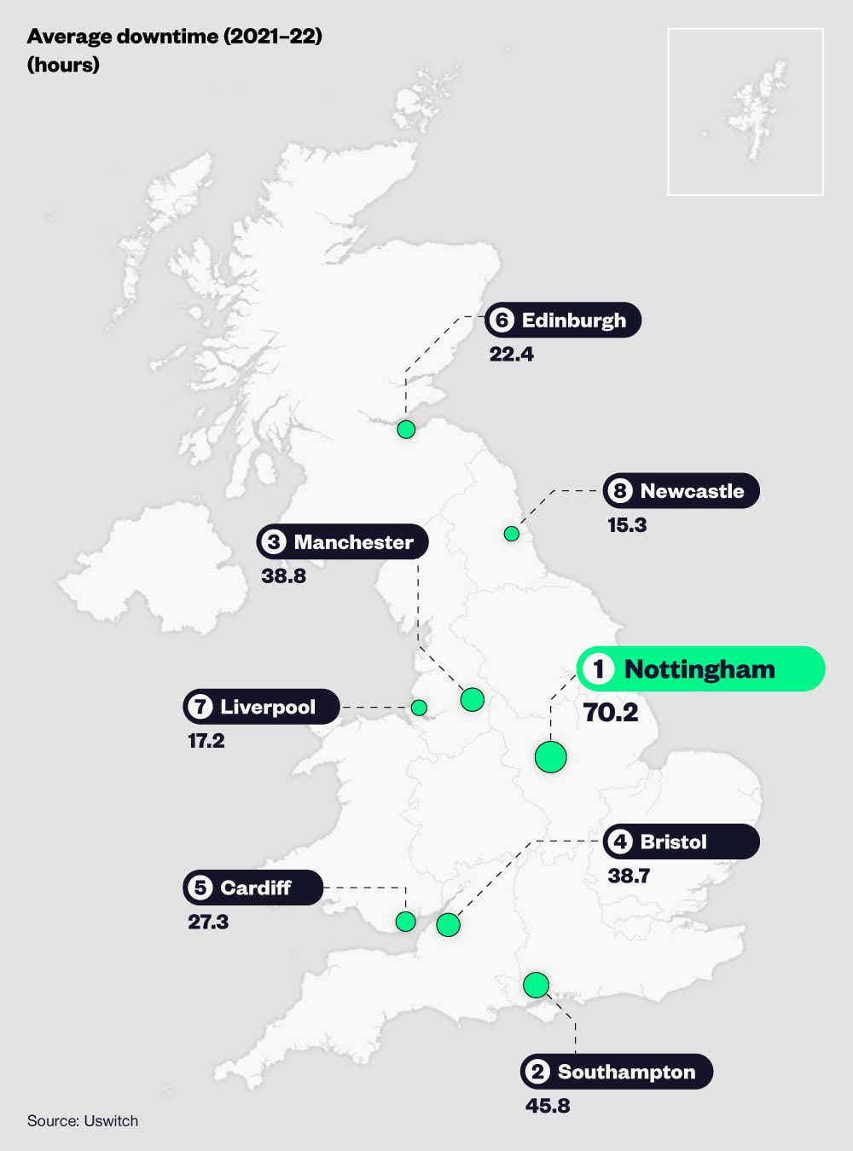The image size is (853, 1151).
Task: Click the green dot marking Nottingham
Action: click(x=550, y=756)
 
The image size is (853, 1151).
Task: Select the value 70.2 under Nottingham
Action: click(x=611, y=713)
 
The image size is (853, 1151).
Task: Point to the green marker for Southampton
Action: click(x=536, y=985)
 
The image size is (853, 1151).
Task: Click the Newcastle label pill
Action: click(x=681, y=491)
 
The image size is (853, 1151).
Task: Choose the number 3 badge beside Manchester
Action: click(x=273, y=542)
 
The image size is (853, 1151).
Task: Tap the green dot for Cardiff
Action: click(x=406, y=921)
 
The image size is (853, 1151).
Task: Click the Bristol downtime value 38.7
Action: click(x=629, y=876)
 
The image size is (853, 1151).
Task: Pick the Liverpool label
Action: click(x=261, y=707)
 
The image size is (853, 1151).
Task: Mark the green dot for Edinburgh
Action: click(x=406, y=429)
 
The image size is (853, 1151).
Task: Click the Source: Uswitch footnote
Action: click(x=83, y=1121)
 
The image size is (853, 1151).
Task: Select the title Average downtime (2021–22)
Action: click(x=174, y=37)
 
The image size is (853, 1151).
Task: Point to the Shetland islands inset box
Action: click(x=745, y=112)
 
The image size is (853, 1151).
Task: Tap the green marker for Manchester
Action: click(x=472, y=700)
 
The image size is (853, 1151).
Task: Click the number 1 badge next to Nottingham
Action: click(x=599, y=669)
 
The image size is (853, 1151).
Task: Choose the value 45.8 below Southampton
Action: click(x=548, y=1106)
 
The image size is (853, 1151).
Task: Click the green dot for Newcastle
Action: click(x=512, y=534)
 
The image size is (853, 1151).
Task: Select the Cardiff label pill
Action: click(x=252, y=888)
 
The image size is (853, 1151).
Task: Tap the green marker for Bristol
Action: click(x=448, y=924)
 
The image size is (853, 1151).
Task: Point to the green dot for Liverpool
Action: click(x=419, y=708)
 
